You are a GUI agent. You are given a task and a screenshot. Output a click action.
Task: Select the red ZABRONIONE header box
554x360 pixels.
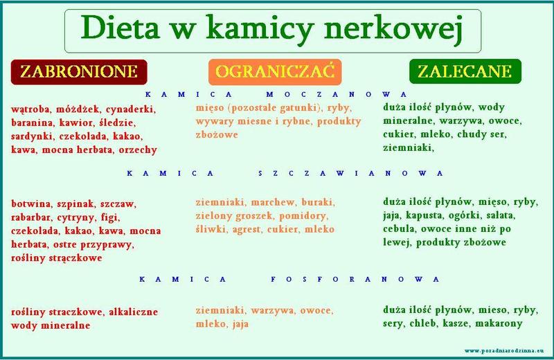pos(79,72)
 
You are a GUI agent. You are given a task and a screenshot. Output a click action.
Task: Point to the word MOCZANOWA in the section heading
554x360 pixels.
pos(339,95)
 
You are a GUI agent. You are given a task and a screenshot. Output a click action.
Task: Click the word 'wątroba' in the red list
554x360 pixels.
pos(33,109)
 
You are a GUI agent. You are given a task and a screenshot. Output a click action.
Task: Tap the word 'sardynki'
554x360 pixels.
pos(32,136)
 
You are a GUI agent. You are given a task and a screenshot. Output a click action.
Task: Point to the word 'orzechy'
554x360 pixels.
pos(137,149)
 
